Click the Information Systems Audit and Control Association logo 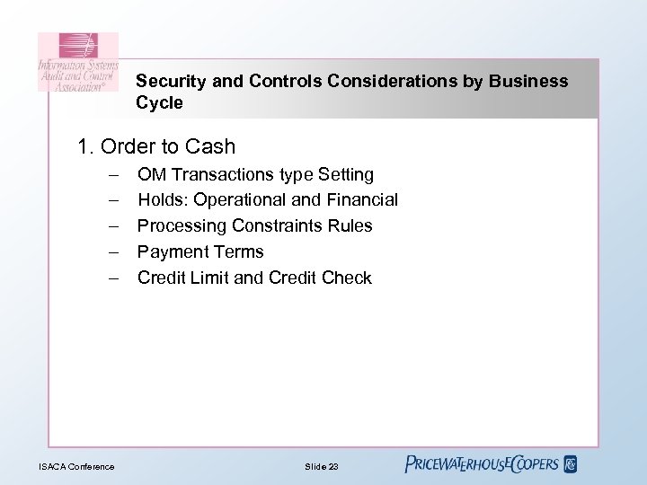coord(78,62)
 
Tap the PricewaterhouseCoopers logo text coord(482,464)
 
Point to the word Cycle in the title coord(159,103)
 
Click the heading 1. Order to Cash coord(156,146)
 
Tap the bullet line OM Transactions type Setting coord(255,173)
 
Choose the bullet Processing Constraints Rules coord(254,225)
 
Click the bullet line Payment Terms coord(200,251)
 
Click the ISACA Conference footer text coord(76,465)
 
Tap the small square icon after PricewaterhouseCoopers coord(570,464)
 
